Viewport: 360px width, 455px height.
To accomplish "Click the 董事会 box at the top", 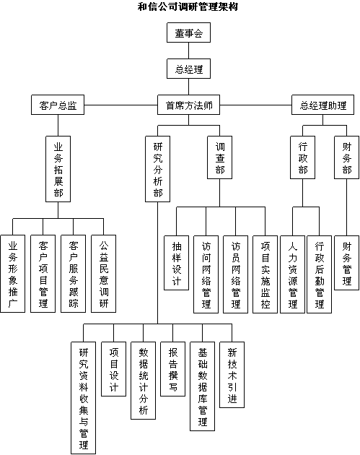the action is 188,32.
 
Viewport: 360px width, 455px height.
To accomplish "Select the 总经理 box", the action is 188,69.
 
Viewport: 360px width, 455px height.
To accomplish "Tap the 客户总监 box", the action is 58,105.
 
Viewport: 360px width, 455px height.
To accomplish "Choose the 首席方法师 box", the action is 188,105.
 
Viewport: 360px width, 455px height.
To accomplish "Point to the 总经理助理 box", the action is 322,105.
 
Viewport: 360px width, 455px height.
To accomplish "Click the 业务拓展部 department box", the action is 58,169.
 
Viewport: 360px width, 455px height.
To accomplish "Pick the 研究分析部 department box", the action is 158,169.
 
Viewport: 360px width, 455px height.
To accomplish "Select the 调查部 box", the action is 220,157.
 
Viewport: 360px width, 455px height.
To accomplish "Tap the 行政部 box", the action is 302,157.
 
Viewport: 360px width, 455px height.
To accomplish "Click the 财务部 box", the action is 347,157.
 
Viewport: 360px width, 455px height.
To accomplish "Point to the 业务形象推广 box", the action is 13,274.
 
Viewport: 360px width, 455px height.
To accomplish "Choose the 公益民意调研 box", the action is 103,274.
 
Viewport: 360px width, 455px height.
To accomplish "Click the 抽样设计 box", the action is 176,263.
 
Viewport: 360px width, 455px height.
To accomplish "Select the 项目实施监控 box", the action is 265,274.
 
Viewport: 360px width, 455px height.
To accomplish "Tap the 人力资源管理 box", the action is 292,274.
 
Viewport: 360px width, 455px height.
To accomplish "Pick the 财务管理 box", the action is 347,263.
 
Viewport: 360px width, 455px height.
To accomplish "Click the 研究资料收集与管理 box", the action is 84,398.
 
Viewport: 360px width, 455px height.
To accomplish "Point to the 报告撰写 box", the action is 172,369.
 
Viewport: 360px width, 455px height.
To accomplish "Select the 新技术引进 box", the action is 232,375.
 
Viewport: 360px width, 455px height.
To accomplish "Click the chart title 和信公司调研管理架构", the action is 188,6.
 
